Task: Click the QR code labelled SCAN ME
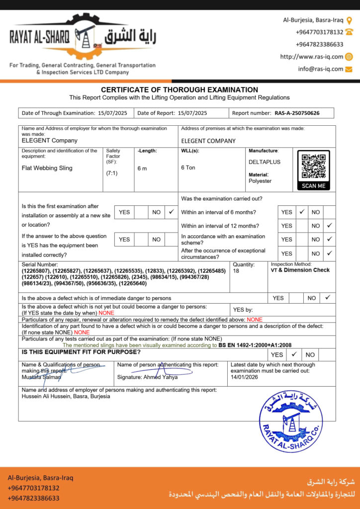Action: click(313, 167)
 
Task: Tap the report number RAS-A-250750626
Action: click(297, 113)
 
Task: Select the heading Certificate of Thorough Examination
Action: click(180, 90)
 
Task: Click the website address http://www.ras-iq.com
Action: click(311, 57)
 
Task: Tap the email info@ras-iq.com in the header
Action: click(320, 69)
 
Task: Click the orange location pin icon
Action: click(349, 20)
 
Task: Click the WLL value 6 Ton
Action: click(188, 168)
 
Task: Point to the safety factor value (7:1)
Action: click(111, 173)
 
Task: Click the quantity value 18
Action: click(236, 271)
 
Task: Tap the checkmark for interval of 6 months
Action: click(301, 212)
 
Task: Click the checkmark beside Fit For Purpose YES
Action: click(294, 354)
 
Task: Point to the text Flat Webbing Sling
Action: click(47, 168)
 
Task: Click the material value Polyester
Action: click(260, 181)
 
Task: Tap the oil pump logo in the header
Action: click(84, 36)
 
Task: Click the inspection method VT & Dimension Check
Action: click(300, 270)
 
